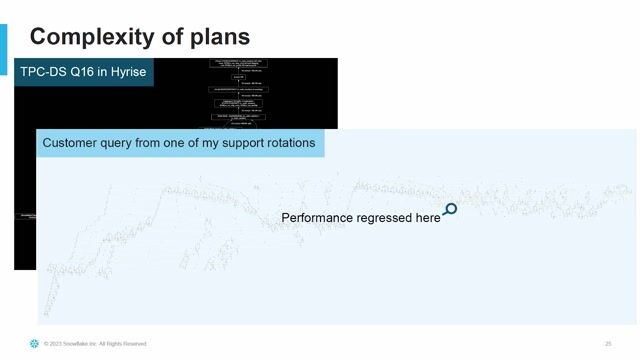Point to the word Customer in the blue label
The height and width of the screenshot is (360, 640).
(73, 143)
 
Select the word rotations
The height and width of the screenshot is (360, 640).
(288, 143)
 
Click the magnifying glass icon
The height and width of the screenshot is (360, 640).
(450, 210)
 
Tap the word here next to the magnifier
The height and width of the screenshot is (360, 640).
(428, 218)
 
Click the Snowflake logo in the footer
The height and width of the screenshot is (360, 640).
(35, 343)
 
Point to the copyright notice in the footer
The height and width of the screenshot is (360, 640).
(95, 343)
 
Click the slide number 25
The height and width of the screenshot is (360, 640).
(608, 343)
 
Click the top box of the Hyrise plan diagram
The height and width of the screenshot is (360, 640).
(246, 65)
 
